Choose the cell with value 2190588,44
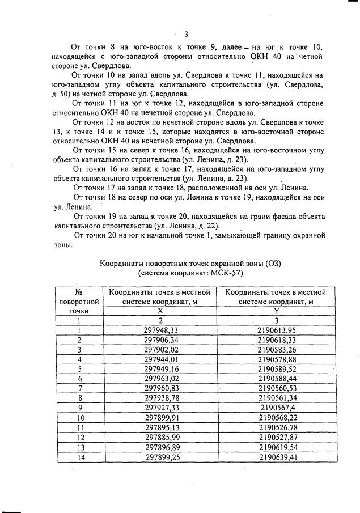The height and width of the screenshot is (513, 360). pyautogui.click(x=277, y=378)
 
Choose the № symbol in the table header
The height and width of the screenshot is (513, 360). pyautogui.click(x=79, y=292)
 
